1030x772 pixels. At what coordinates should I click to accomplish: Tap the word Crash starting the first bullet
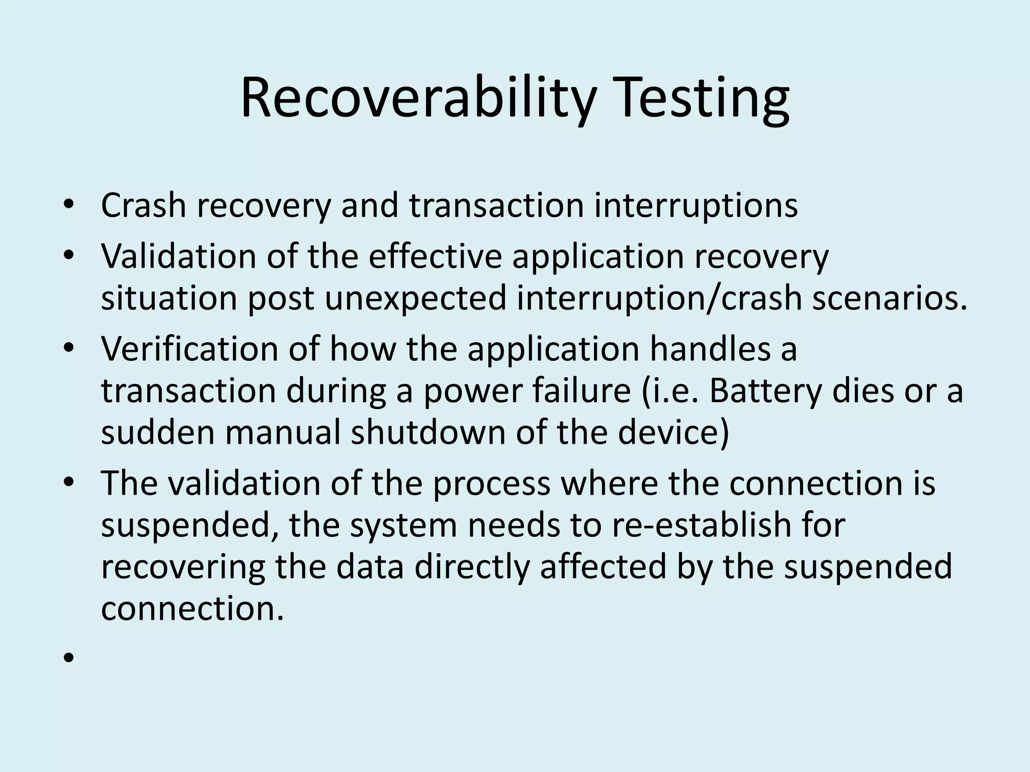[144, 206]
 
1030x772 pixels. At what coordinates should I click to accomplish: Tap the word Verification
[189, 349]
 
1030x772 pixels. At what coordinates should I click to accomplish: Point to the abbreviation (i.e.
[671, 391]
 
